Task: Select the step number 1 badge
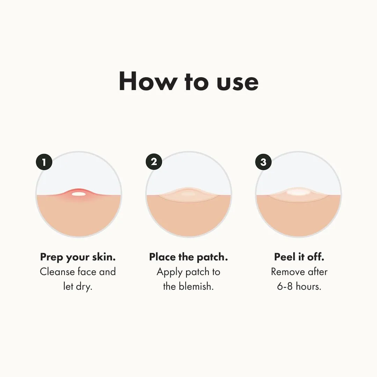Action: (44, 162)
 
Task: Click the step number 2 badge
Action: (154, 162)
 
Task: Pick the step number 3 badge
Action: (264, 162)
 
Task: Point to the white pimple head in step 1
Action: (79, 194)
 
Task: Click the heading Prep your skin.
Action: (78, 257)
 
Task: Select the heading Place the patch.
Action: (188, 257)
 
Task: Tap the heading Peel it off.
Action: (299, 257)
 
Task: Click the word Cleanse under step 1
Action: (57, 272)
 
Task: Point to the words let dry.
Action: (78, 287)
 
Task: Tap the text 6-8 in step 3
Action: (285, 287)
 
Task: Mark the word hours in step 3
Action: (309, 287)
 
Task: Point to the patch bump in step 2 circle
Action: (188, 194)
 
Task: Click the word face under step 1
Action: (87, 272)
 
